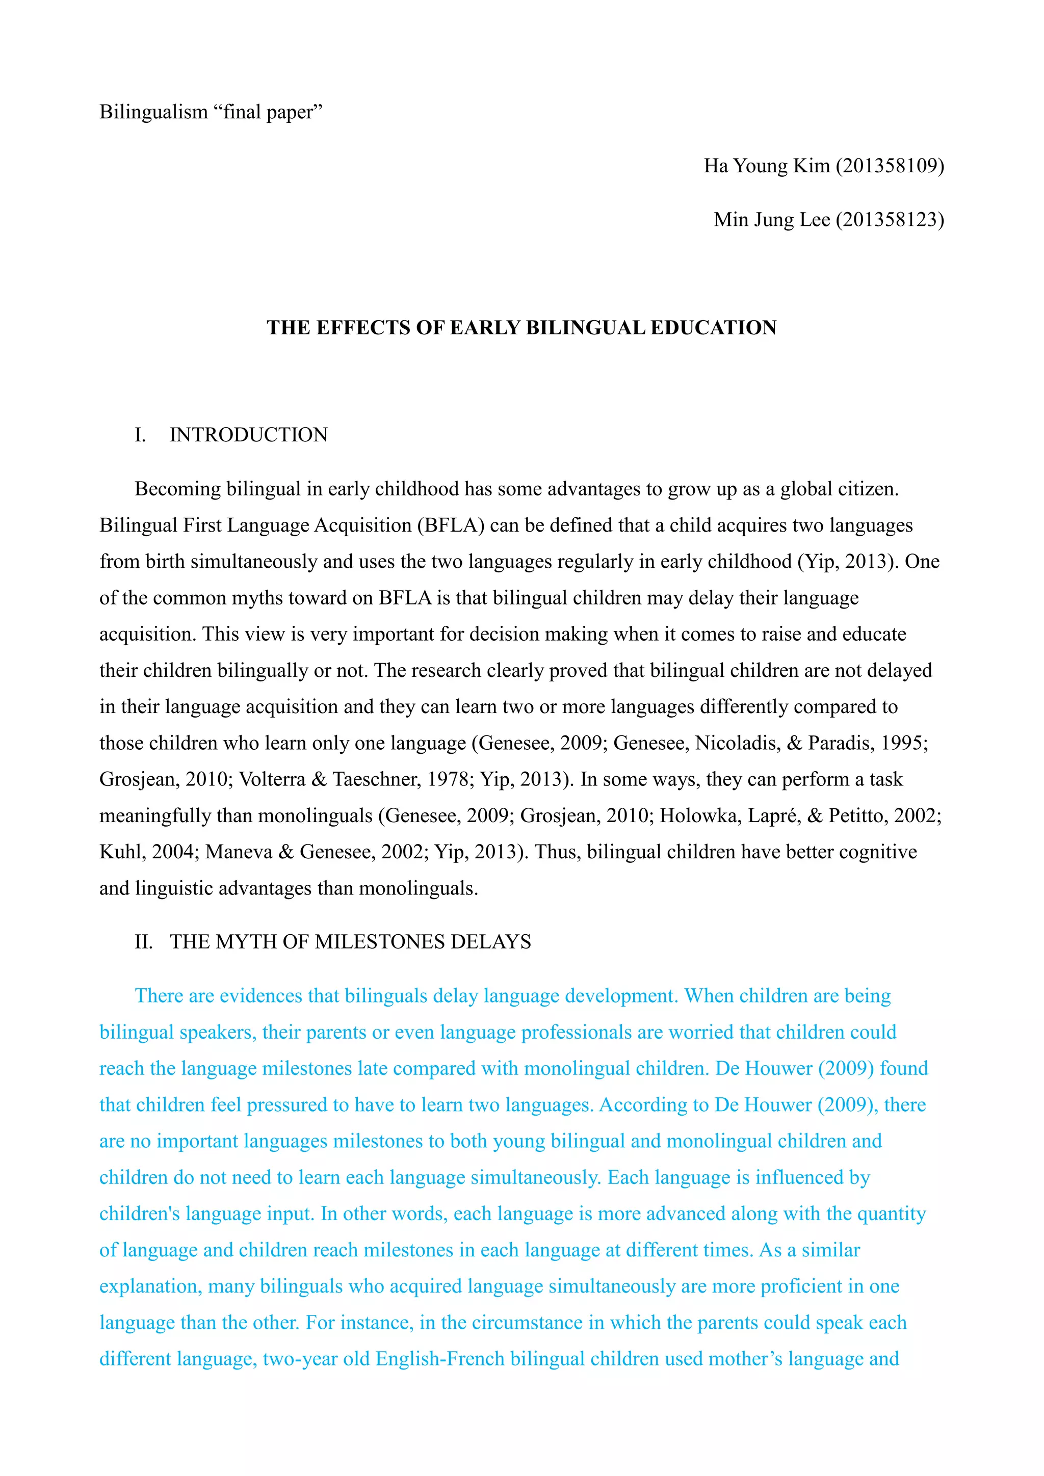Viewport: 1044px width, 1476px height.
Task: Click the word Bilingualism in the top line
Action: point(153,113)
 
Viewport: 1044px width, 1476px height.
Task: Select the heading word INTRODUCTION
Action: point(248,435)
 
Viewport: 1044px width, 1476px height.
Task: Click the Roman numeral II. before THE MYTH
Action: point(143,942)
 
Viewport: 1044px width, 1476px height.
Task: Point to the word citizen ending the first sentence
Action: point(866,489)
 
